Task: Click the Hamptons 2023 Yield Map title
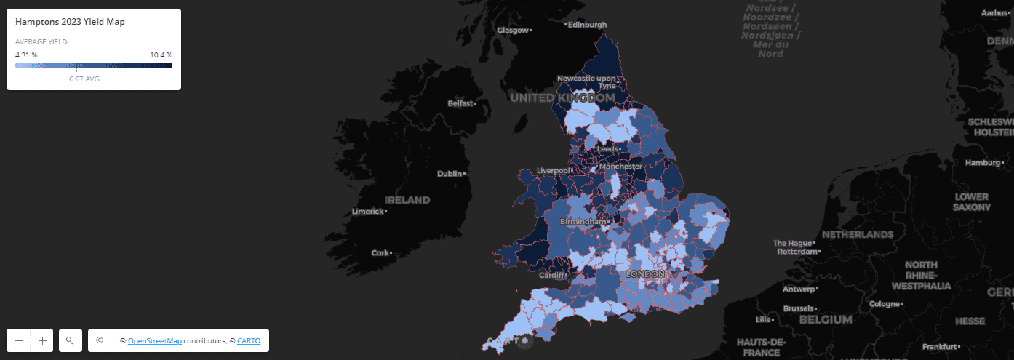coord(70,23)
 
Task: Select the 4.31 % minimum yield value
coord(26,55)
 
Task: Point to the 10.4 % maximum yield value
coord(161,55)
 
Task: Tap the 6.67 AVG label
coord(84,79)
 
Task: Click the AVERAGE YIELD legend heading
coord(41,42)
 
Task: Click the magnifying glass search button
coord(70,340)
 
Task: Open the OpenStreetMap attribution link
coord(155,340)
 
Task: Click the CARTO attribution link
coord(249,340)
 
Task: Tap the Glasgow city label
coord(513,30)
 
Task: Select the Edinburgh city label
coord(587,25)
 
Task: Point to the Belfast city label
coord(460,104)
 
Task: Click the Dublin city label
coord(450,174)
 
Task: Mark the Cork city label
coord(380,253)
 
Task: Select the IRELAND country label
coord(407,199)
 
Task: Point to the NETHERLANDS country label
coord(858,234)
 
